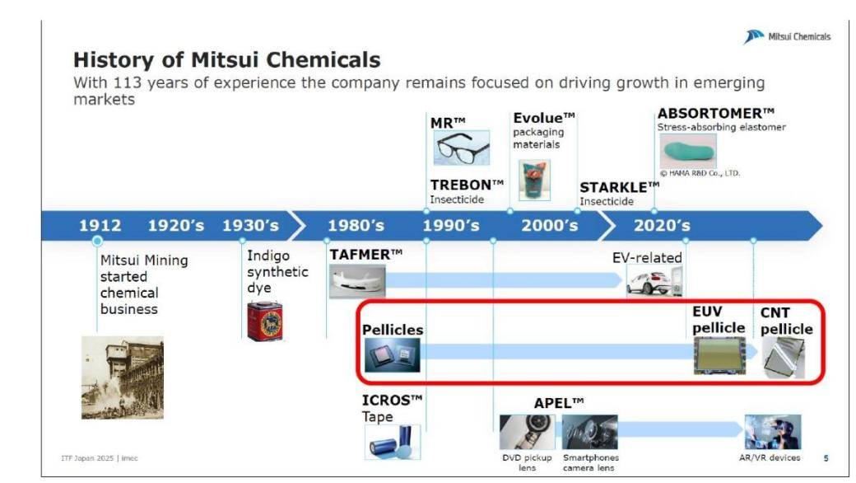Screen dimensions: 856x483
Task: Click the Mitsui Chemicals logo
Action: tap(787, 36)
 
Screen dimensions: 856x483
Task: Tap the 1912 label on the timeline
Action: tap(100, 225)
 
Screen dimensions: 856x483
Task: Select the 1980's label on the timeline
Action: tap(356, 225)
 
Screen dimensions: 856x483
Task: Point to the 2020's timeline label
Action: tap(662, 225)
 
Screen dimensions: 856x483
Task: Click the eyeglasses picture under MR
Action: tap(462, 148)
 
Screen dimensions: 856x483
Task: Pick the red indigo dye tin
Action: tap(265, 321)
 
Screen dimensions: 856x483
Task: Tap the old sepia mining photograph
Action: tap(123, 377)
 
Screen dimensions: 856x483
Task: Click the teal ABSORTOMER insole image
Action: tap(688, 151)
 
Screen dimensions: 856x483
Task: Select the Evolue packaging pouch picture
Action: tap(534, 181)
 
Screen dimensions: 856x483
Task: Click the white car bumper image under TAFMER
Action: tap(357, 281)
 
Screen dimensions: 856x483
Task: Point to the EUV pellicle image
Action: tap(719, 356)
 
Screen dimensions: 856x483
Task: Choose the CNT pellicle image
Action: tap(784, 358)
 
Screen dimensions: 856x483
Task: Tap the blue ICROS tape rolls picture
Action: tap(393, 442)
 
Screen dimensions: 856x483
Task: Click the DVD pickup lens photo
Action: tap(528, 432)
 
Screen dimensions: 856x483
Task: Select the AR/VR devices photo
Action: tap(773, 432)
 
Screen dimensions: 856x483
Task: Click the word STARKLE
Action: tap(614, 187)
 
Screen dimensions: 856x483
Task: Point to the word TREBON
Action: tap(461, 185)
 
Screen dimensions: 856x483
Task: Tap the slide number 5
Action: tap(826, 458)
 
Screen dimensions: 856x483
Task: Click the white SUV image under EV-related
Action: tap(654, 281)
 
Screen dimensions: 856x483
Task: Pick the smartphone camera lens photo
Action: tap(589, 432)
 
